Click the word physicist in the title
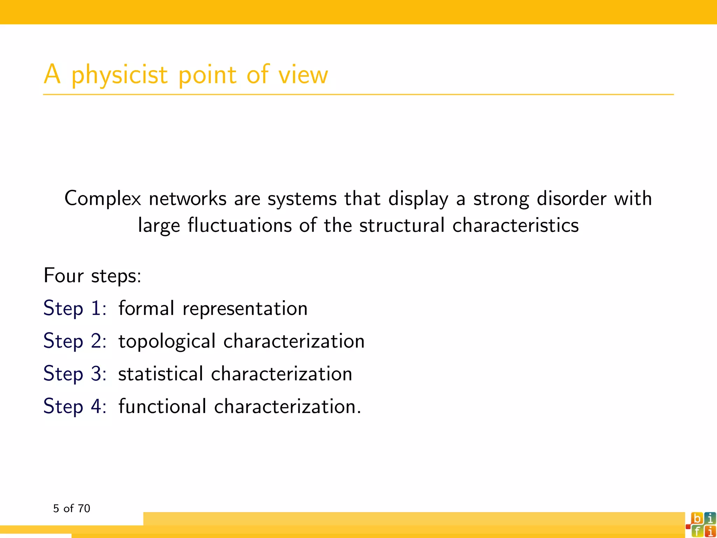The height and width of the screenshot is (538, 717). click(x=119, y=75)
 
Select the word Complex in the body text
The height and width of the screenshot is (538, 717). click(x=103, y=199)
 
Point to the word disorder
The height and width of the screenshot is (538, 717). click(x=571, y=199)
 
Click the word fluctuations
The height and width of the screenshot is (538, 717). click(x=239, y=225)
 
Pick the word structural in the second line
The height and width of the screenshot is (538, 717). click(x=402, y=225)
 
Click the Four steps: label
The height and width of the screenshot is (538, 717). click(x=92, y=276)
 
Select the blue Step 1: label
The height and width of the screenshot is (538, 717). click(x=75, y=309)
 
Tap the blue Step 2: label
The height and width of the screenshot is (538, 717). click(x=75, y=341)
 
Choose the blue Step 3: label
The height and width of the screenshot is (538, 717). click(x=75, y=374)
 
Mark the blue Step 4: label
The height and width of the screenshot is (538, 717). click(x=75, y=406)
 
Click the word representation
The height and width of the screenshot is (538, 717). click(x=245, y=309)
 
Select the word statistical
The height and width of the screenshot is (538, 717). click(x=160, y=374)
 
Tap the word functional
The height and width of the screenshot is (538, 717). click(x=162, y=406)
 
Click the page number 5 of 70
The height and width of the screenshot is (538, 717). click(x=71, y=508)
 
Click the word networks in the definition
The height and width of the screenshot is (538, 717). click(x=187, y=199)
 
